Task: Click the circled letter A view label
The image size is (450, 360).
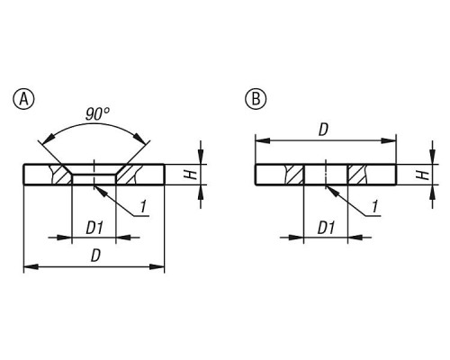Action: (24, 99)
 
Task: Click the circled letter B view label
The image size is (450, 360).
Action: (256, 99)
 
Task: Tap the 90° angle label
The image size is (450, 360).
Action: (97, 114)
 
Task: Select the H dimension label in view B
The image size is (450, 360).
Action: (423, 175)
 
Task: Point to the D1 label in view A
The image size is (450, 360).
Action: (94, 229)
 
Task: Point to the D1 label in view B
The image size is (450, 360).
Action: (326, 229)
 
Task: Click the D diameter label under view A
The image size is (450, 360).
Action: (95, 256)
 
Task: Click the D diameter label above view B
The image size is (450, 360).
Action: (323, 130)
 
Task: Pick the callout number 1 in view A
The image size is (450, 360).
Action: (143, 207)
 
